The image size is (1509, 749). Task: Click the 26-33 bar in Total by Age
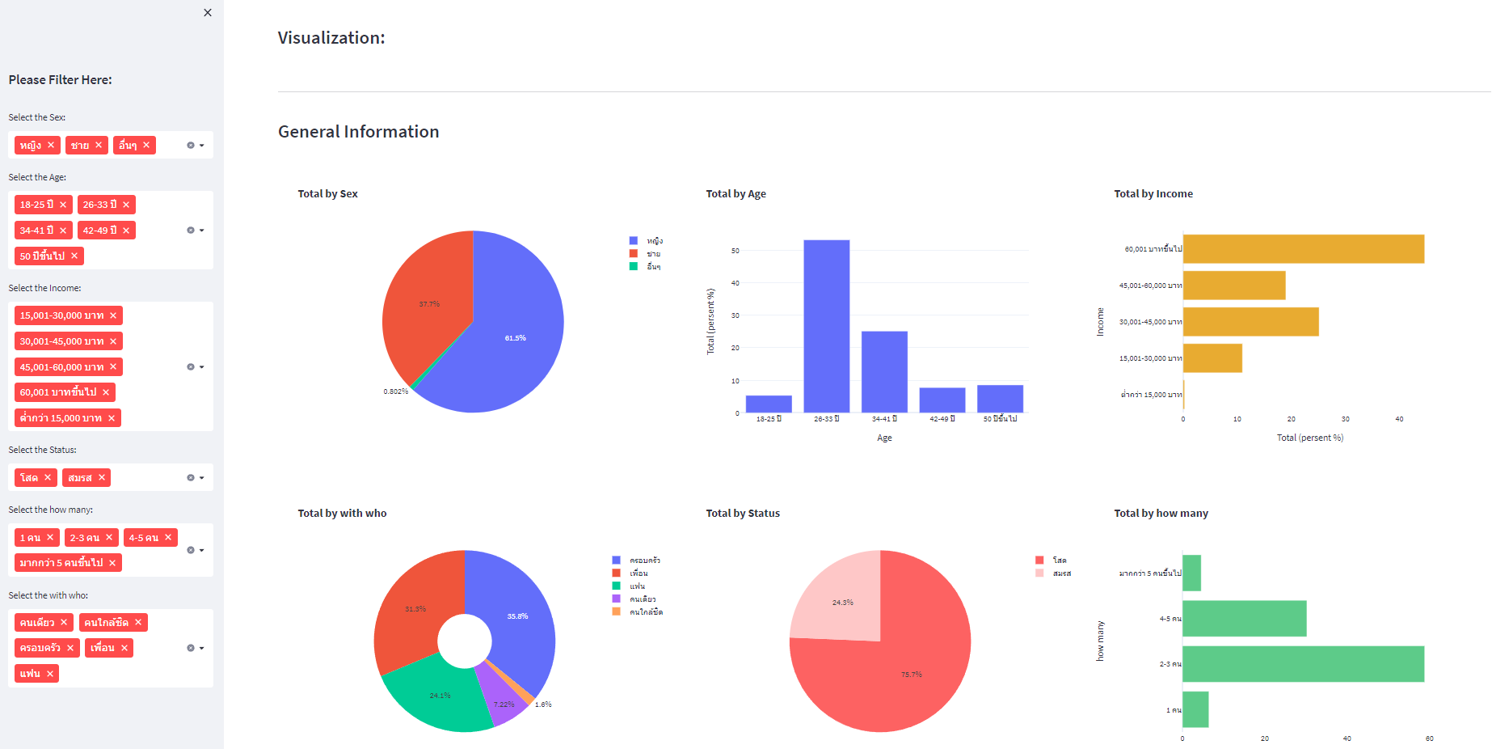pyautogui.click(x=826, y=326)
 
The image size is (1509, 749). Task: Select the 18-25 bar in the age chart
pyautogui.click(x=768, y=404)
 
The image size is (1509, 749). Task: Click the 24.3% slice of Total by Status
pyautogui.click(x=841, y=599)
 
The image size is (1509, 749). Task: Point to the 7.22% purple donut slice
pyautogui.click(x=503, y=697)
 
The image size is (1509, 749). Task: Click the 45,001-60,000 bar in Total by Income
pyautogui.click(x=1233, y=286)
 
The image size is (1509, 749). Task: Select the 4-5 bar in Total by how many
pyautogui.click(x=1243, y=619)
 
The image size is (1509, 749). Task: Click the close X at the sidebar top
pyautogui.click(x=208, y=13)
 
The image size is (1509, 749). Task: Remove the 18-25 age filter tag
pyautogui.click(x=63, y=205)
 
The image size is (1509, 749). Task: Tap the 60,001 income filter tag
pyautogui.click(x=58, y=392)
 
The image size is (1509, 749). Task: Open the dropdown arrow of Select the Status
pyautogui.click(x=201, y=478)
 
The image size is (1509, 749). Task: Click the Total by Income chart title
pyautogui.click(x=1153, y=194)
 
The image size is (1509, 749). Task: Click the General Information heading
pyautogui.click(x=358, y=132)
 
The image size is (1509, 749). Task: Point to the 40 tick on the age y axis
pyautogui.click(x=735, y=283)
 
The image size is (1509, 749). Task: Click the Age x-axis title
pyautogui.click(x=884, y=438)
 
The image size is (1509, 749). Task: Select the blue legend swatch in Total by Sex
pyautogui.click(x=634, y=241)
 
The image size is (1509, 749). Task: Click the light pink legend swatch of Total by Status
pyautogui.click(x=1039, y=573)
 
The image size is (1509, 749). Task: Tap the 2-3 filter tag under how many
pyautogui.click(x=84, y=538)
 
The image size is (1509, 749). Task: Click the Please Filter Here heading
pyautogui.click(x=61, y=80)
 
